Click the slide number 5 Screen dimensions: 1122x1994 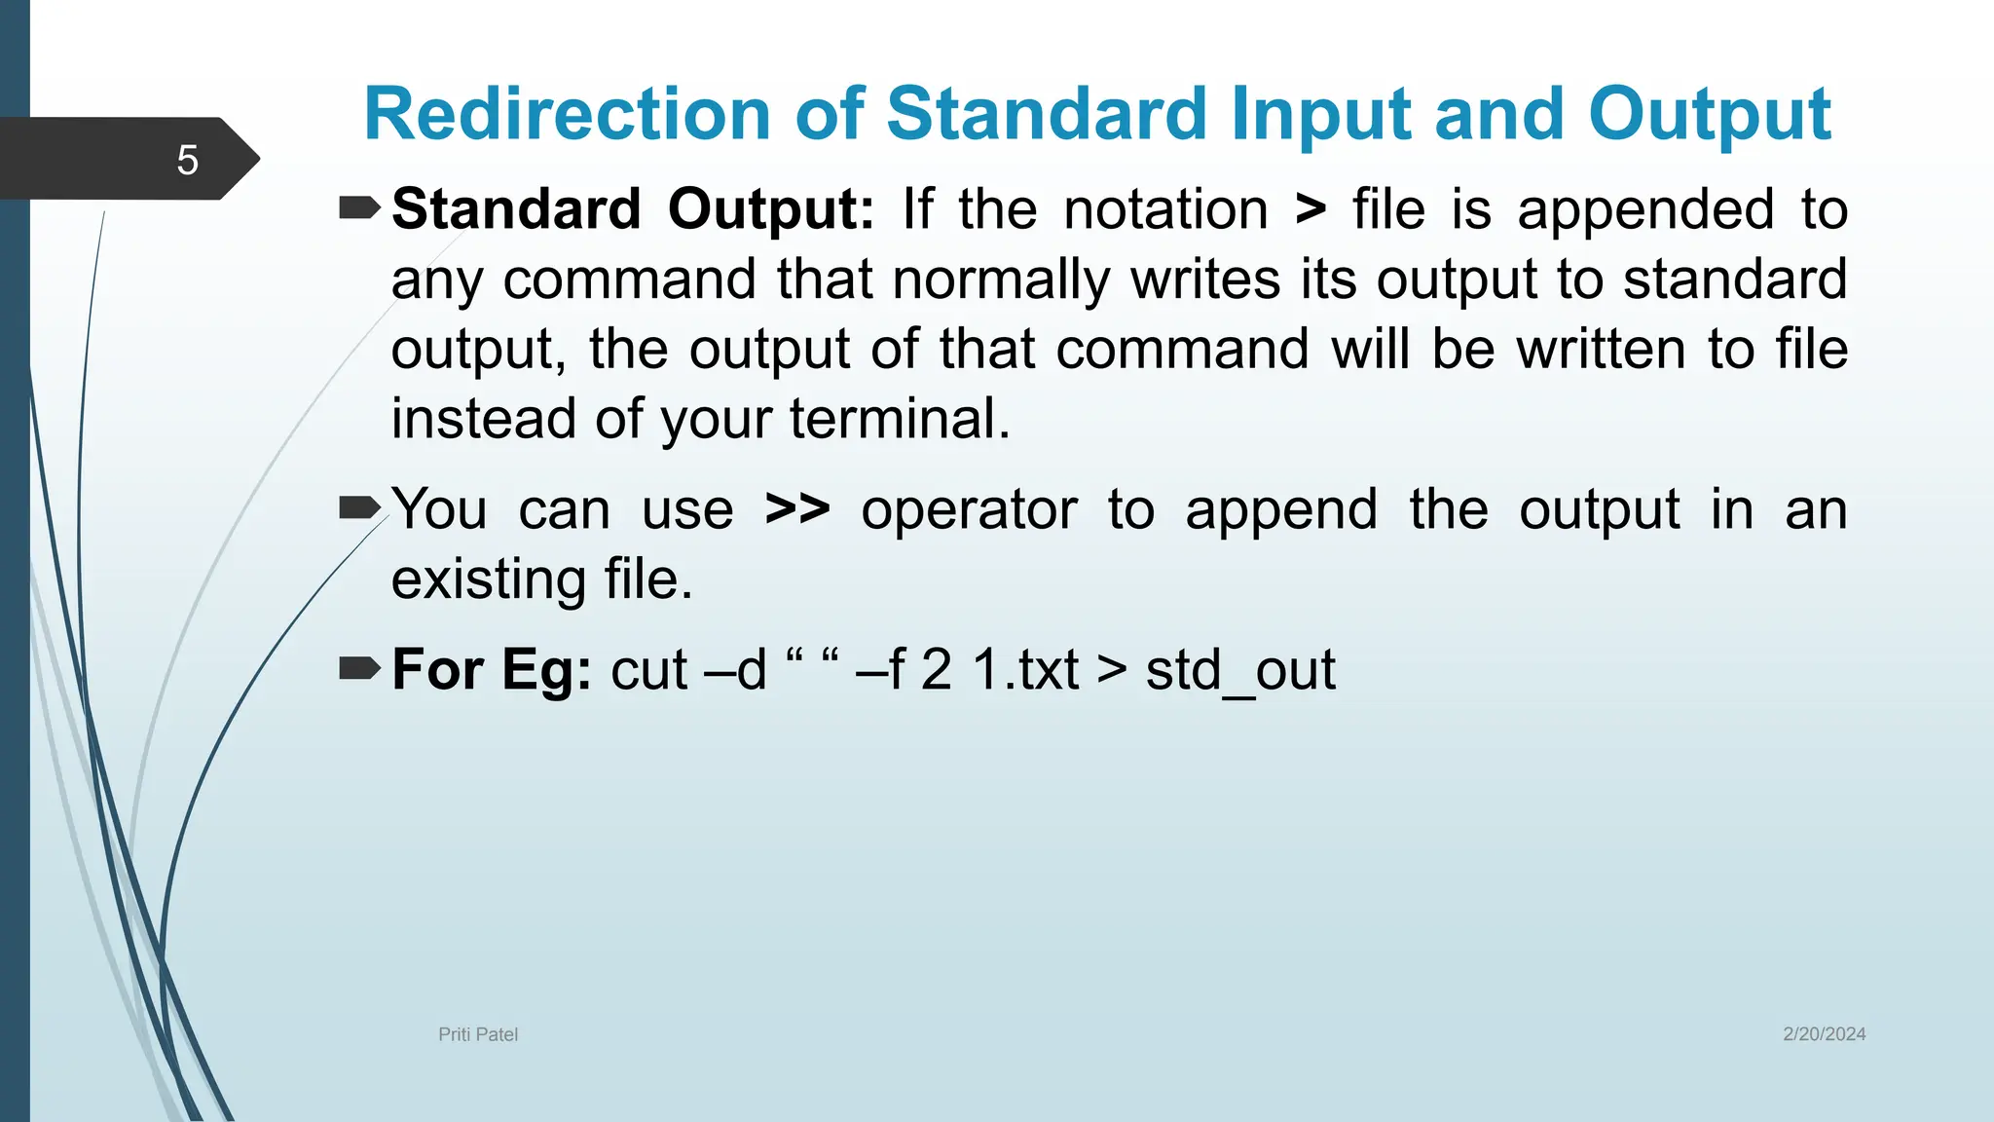(187, 160)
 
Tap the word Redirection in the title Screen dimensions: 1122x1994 (567, 114)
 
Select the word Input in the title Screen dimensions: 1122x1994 (1320, 114)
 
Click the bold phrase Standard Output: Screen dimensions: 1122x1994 (633, 209)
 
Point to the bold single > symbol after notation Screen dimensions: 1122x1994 (1311, 209)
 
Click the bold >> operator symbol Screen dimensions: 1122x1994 (797, 508)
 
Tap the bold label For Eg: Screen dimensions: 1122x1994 (492, 669)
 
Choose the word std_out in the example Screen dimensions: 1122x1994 (1240, 671)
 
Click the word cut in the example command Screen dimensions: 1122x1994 (649, 669)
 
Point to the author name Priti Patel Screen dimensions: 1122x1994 (478, 1034)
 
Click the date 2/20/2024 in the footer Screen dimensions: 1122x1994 (1824, 1034)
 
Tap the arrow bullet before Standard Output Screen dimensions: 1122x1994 (359, 207)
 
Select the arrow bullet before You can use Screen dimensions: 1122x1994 (359, 507)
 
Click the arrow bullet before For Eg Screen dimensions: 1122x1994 (359, 668)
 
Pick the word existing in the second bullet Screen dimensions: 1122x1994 (488, 580)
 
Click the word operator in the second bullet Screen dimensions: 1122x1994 (969, 510)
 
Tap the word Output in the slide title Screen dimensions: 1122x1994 (1710, 114)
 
